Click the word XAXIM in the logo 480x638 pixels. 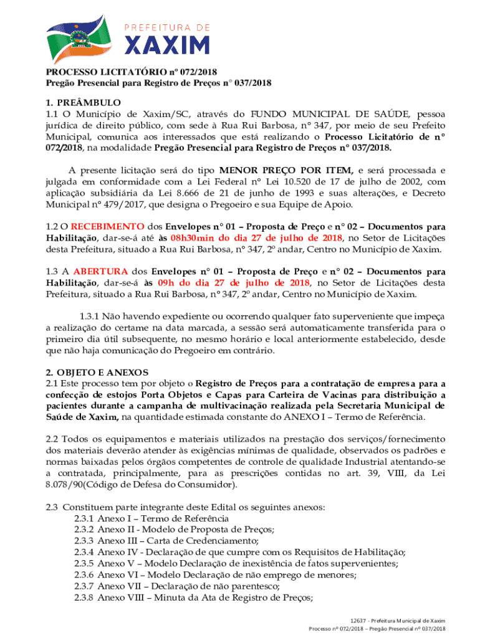[x=168, y=45]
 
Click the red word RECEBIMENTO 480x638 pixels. [x=108, y=227]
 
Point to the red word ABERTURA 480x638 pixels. [x=100, y=272]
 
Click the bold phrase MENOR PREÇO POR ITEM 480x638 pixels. [x=286, y=170]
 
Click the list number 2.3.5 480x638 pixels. [x=84, y=563]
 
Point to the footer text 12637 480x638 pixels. [x=358, y=621]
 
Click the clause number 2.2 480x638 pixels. [x=53, y=439]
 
